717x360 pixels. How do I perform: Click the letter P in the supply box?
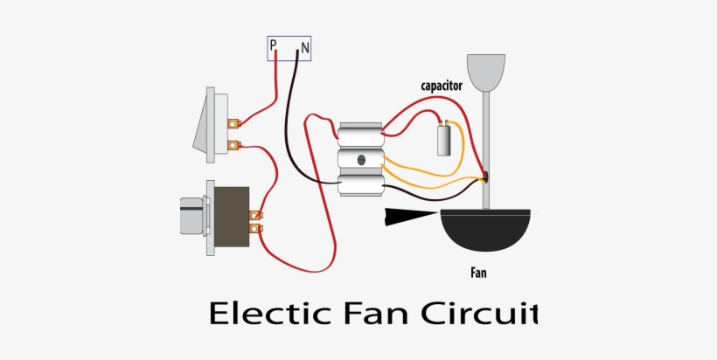pyautogui.click(x=274, y=45)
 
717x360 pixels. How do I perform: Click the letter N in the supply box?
pyautogui.click(x=304, y=46)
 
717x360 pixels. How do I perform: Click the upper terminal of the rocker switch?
pyautogui.click(x=233, y=124)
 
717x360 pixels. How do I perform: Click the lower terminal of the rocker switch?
pyautogui.click(x=233, y=145)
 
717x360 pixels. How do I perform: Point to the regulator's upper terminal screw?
pyautogui.click(x=255, y=215)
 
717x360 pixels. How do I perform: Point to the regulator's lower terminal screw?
pyautogui.click(x=255, y=230)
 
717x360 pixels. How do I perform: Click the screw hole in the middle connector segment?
pyautogui.click(x=360, y=160)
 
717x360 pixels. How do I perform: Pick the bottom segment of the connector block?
pyautogui.click(x=360, y=184)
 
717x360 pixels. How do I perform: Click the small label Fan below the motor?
pyautogui.click(x=478, y=273)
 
